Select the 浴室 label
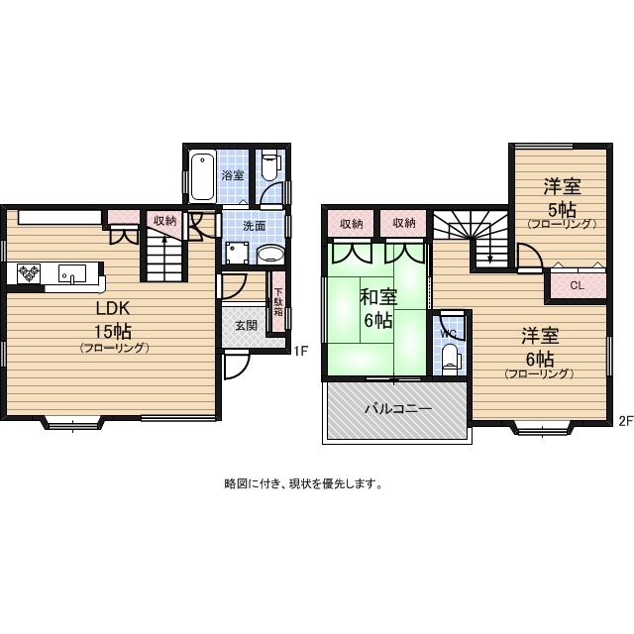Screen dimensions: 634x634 click(232, 175)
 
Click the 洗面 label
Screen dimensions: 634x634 click(254, 226)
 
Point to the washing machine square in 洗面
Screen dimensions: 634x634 click(237, 253)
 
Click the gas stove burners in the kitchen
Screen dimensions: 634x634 click(27, 272)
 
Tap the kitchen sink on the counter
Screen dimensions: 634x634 click(71, 272)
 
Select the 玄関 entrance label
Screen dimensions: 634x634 click(246, 325)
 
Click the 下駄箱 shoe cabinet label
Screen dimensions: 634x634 click(278, 300)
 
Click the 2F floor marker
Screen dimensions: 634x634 click(624, 420)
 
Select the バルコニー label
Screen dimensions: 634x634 click(396, 408)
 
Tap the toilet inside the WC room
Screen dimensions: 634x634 click(451, 359)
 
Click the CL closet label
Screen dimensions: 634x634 click(578, 285)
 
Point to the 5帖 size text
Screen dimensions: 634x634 click(563, 209)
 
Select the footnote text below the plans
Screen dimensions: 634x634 click(303, 484)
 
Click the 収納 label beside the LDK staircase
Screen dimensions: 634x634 click(164, 220)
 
